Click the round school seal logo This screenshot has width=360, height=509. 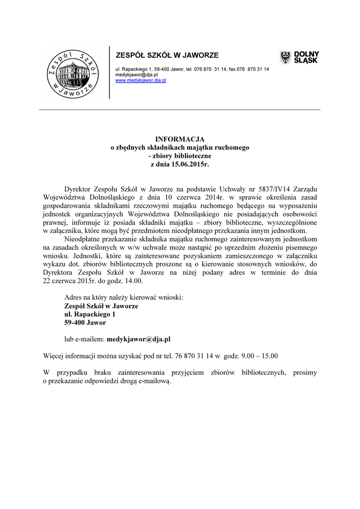(x=74, y=73)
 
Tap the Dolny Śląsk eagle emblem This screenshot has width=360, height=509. (x=285, y=57)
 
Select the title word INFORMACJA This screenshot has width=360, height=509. (x=180, y=139)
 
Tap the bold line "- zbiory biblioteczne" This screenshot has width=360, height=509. (x=180, y=155)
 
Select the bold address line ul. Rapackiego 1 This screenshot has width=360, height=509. (x=90, y=314)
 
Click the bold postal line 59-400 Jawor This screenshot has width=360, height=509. (x=85, y=322)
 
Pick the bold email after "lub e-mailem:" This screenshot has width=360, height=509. (x=139, y=339)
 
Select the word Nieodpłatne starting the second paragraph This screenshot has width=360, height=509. (x=83, y=239)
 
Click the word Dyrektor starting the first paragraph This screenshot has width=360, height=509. (x=78, y=189)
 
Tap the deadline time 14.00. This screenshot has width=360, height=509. (x=134, y=281)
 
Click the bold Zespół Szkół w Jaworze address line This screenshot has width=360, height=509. (x=101, y=306)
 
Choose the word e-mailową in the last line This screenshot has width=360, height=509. (x=155, y=380)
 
